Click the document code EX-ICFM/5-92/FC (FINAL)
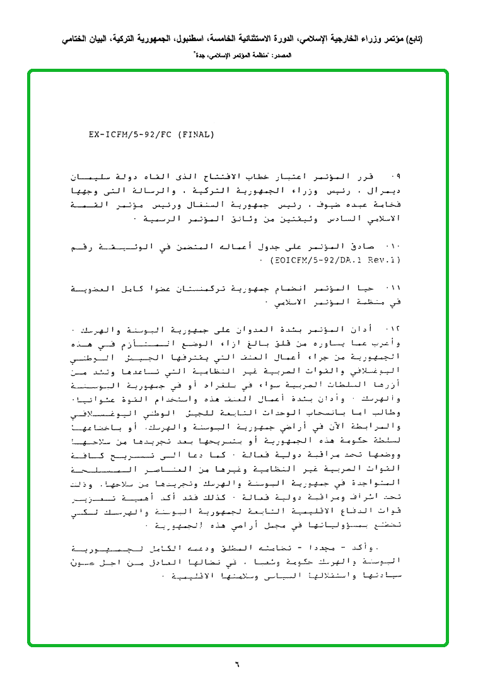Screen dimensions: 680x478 click(151, 134)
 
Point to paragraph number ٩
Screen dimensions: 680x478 click(396, 174)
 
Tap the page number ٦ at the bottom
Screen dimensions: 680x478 click(238, 663)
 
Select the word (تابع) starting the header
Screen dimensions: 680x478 click(413, 39)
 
